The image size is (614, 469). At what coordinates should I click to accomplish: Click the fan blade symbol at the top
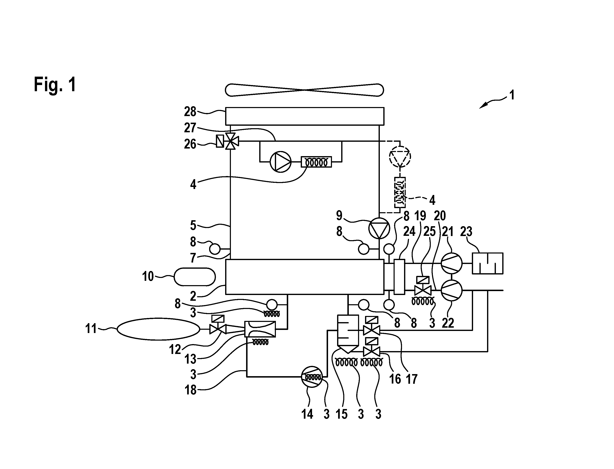304,90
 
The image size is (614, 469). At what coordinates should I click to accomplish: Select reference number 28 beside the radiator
190,112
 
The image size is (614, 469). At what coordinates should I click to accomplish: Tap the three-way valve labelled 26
230,141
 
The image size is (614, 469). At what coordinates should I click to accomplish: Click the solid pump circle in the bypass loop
280,162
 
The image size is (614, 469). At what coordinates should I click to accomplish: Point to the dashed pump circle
400,156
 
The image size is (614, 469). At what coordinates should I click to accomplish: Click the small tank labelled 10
195,277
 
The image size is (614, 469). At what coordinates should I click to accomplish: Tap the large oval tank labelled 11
158,329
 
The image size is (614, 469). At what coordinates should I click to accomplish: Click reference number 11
91,328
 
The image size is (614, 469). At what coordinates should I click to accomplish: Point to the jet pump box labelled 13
260,329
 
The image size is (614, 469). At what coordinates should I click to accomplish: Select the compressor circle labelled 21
451,263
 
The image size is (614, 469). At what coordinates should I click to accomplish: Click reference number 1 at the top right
512,95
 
